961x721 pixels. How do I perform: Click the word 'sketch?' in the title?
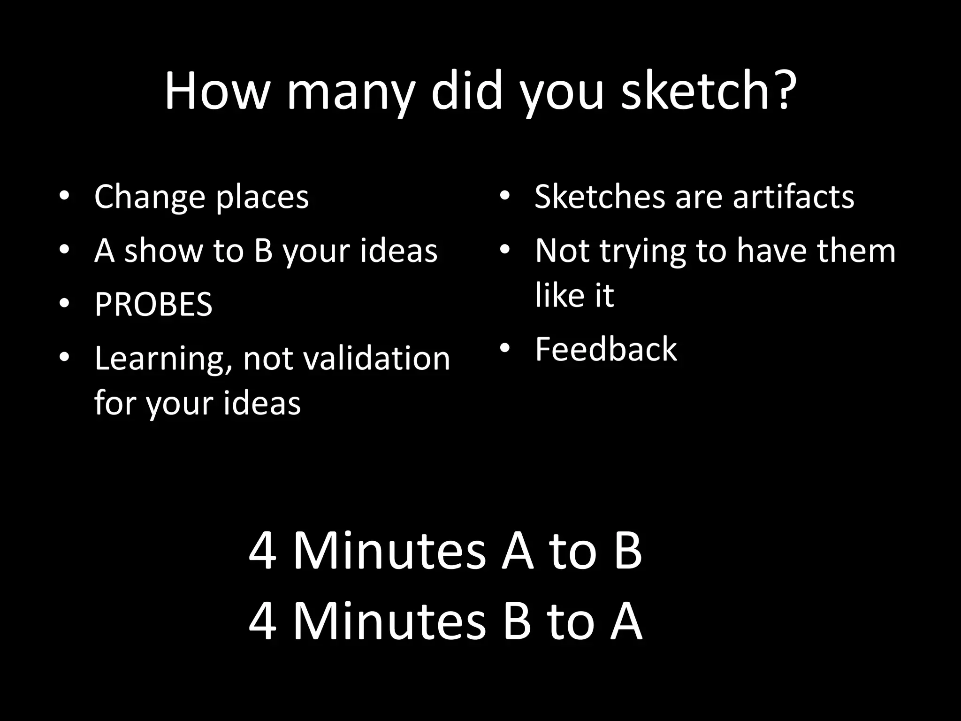tap(709, 92)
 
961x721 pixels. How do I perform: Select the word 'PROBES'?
tap(153, 305)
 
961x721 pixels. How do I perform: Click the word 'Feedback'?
tap(606, 349)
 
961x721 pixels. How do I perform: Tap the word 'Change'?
tap(149, 197)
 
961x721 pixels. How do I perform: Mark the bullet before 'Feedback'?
tap(504, 348)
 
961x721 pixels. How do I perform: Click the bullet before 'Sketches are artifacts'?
tap(504, 195)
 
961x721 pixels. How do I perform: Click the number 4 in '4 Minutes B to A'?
tap(262, 621)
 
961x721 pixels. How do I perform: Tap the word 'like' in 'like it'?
tap(557, 296)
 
